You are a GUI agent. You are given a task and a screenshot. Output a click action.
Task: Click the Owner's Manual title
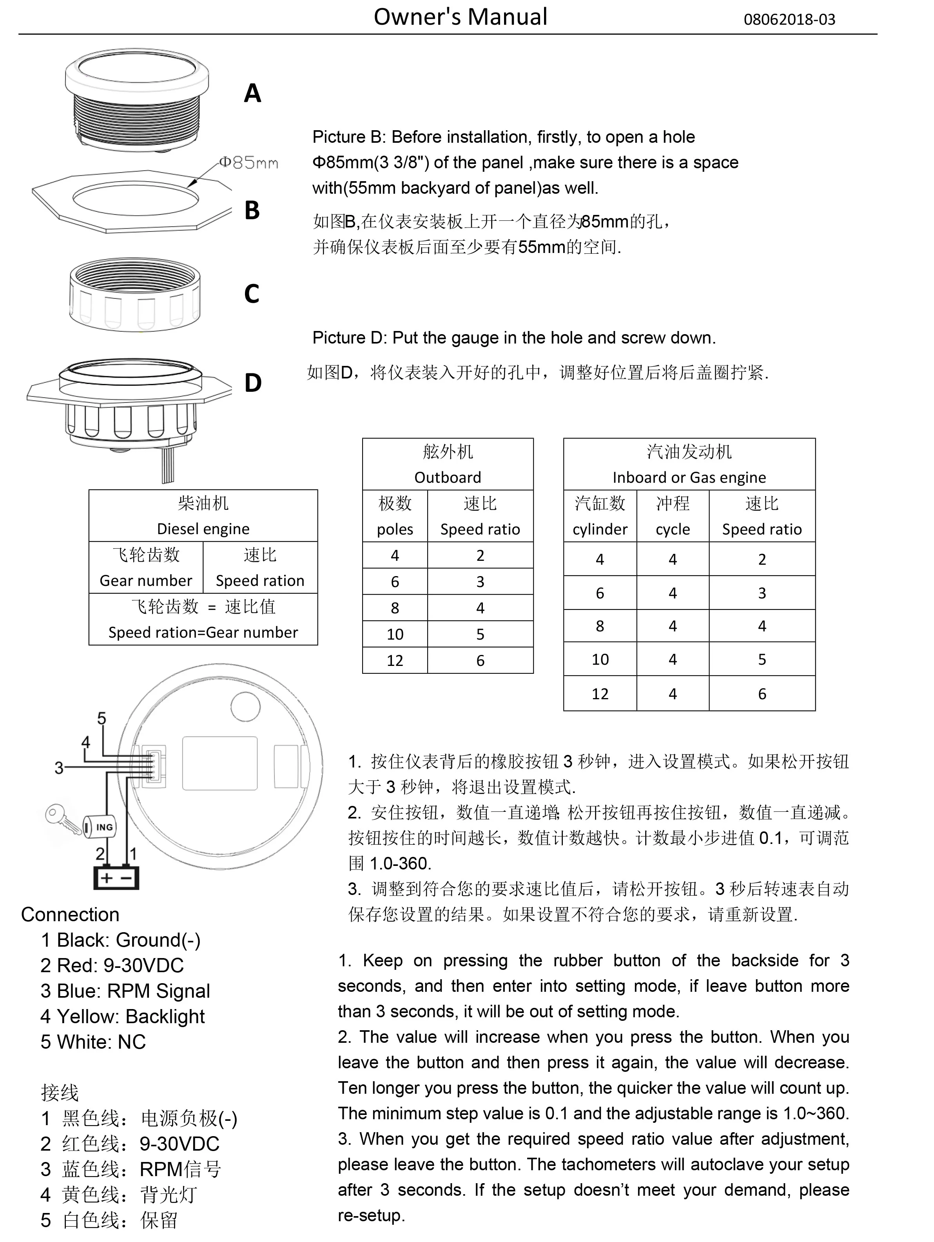[x=460, y=17]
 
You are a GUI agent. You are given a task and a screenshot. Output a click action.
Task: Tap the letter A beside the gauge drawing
[x=252, y=93]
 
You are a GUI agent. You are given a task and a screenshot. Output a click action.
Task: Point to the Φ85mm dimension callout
[x=248, y=163]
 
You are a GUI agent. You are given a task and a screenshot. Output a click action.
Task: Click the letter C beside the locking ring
[x=252, y=294]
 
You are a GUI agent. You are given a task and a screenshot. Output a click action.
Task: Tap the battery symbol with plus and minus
[x=116, y=878]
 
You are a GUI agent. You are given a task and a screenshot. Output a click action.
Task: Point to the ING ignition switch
[x=101, y=827]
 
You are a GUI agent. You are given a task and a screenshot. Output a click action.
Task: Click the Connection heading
[x=70, y=915]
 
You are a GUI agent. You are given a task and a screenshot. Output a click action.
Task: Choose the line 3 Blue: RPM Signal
[x=125, y=991]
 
